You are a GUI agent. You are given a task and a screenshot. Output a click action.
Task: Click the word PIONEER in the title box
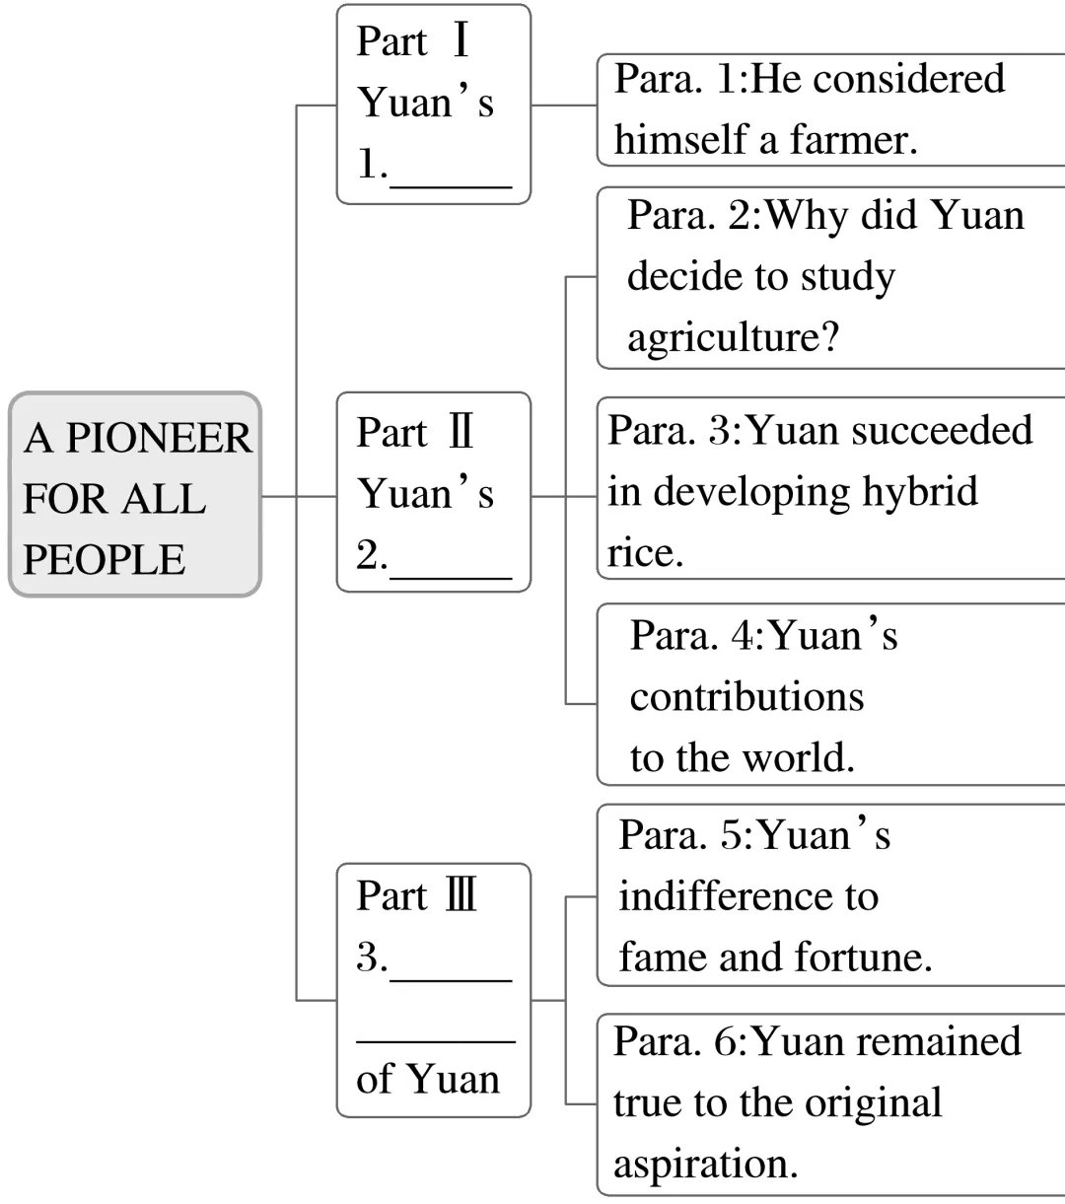pos(159,438)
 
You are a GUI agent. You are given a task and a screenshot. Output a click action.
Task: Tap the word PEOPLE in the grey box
pos(104,559)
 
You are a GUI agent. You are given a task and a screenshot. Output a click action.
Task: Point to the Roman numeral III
pos(461,895)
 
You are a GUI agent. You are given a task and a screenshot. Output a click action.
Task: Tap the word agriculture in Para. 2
pos(733,337)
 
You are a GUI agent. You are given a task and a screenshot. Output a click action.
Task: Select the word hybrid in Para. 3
pos(920,491)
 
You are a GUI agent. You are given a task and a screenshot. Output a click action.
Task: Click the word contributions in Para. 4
pos(746,697)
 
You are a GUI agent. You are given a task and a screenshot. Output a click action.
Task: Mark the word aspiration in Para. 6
pos(705,1164)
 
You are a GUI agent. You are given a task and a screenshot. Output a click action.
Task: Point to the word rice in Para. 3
pos(645,552)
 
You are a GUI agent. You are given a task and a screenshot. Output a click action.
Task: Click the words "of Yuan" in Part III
pos(427,1078)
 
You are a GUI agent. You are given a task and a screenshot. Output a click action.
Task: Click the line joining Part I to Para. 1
pos(563,105)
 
